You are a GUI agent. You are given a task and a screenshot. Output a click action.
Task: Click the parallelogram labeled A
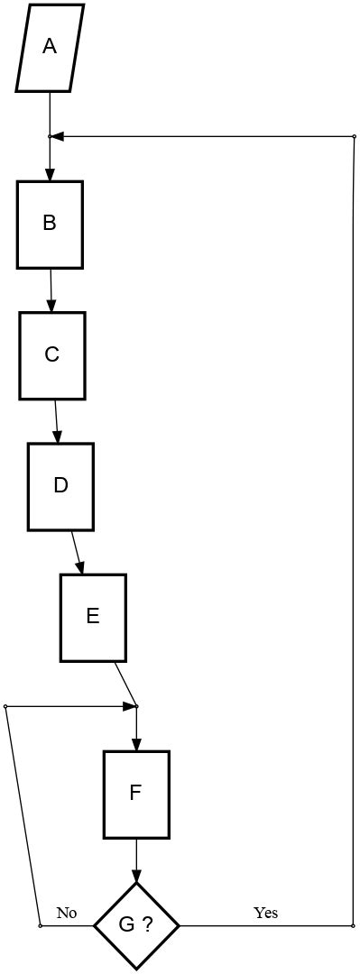(x=50, y=48)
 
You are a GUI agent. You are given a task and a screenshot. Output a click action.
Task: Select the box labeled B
(x=50, y=224)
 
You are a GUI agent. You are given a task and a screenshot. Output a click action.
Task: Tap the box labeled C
(x=52, y=355)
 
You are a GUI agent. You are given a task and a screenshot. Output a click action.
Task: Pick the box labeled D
(x=60, y=486)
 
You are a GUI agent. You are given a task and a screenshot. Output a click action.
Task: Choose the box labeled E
(x=93, y=617)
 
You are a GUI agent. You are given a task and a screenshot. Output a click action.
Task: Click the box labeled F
(x=136, y=794)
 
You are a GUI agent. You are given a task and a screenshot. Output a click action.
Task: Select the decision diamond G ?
(x=136, y=925)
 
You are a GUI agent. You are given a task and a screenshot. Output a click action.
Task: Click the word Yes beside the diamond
(x=265, y=913)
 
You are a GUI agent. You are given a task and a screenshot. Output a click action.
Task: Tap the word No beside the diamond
(x=67, y=913)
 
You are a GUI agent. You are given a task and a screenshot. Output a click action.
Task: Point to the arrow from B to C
(x=51, y=289)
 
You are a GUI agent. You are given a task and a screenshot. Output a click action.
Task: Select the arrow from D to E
(x=78, y=552)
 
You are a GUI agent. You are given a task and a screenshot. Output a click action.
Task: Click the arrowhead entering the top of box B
(x=50, y=175)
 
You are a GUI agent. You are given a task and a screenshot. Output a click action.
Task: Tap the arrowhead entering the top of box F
(x=136, y=745)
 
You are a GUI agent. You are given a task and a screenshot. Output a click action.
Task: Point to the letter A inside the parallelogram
(x=50, y=47)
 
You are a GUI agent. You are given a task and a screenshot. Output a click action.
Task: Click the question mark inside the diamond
(x=145, y=925)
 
